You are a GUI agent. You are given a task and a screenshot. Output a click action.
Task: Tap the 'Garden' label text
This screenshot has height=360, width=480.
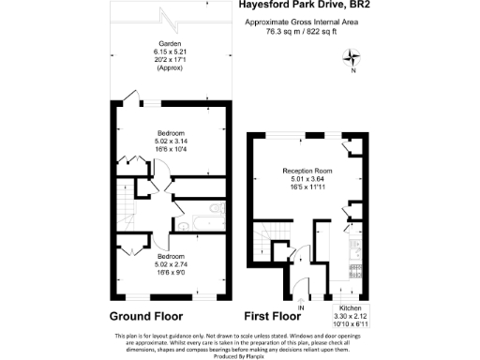tap(170, 43)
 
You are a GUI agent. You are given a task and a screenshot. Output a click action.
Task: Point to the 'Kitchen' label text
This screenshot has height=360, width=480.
tap(351, 308)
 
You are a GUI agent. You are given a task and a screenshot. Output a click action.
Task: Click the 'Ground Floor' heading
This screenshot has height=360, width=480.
tap(146, 316)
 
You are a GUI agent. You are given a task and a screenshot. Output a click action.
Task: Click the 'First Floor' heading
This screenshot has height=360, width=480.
tap(272, 316)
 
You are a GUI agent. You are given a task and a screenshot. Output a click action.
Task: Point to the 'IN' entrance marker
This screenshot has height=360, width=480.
tap(301, 308)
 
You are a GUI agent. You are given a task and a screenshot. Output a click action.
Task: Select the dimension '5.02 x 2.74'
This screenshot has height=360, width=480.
tap(170, 262)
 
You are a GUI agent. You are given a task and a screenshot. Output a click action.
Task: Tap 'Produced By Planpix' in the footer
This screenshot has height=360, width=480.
tap(239, 354)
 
